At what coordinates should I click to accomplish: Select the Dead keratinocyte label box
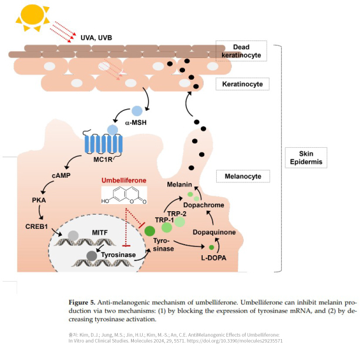click(x=241, y=50)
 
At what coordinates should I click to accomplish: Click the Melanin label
click(x=179, y=185)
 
